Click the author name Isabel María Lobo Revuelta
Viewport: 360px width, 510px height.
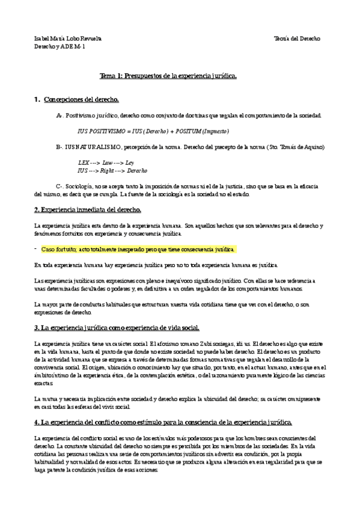[68, 38]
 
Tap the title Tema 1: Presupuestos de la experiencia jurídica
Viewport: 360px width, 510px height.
[168, 76]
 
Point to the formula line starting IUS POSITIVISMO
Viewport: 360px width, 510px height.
[153, 131]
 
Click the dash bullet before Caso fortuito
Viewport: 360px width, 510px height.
[36, 248]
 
